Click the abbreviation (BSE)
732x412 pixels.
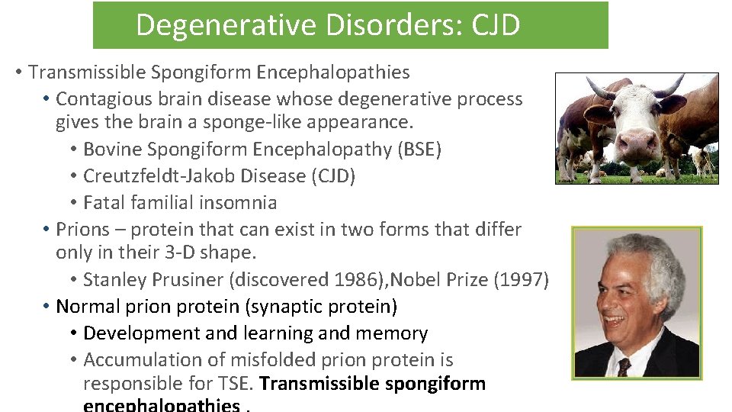pos(419,150)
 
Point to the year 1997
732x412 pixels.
pos(521,280)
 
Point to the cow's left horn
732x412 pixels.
pos(599,90)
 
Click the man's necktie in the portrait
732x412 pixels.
pos(624,367)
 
